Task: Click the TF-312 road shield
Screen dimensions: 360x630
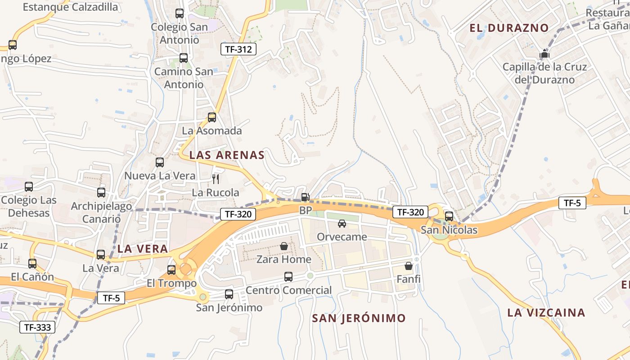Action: (x=238, y=49)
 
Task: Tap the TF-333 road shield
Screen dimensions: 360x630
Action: (x=37, y=327)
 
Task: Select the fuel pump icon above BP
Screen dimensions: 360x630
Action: (x=305, y=197)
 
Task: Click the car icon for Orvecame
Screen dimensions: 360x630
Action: (x=342, y=223)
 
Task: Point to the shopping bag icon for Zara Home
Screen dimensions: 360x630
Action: (x=284, y=246)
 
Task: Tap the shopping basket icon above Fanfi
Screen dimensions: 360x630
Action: (x=408, y=266)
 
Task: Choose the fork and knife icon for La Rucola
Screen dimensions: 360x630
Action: (x=216, y=179)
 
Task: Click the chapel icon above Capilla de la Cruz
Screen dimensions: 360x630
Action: (x=544, y=54)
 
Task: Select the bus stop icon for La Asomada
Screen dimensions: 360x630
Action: (x=212, y=117)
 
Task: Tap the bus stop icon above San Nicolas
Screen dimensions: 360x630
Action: (x=449, y=216)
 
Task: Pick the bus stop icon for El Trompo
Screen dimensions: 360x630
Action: (x=171, y=270)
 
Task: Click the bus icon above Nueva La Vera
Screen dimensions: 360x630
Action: (x=160, y=162)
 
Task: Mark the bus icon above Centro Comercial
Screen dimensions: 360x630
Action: (x=288, y=277)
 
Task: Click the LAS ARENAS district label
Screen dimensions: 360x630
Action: (x=227, y=155)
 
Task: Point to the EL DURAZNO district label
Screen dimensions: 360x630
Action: (x=509, y=28)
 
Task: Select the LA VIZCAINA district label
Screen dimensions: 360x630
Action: (x=546, y=312)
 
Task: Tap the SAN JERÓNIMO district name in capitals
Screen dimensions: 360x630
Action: (x=359, y=318)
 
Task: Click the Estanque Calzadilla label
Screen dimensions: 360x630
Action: (x=70, y=7)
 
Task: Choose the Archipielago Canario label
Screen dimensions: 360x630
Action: (x=101, y=212)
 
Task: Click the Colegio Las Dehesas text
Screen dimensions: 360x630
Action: (x=29, y=206)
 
